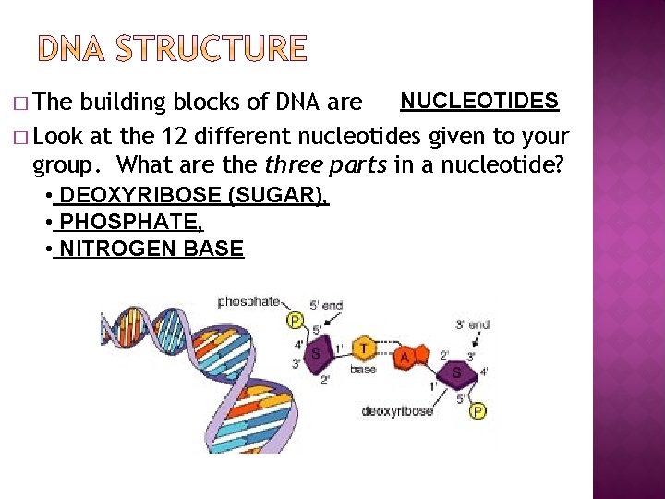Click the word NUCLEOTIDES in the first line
click(478, 101)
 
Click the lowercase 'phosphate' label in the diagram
click(248, 301)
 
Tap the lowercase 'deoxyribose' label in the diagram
click(397, 410)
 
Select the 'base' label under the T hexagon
click(363, 370)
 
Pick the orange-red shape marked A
click(405, 357)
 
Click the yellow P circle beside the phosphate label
click(296, 320)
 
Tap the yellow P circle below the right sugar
click(477, 410)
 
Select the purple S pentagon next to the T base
click(317, 353)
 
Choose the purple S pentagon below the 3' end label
click(456, 372)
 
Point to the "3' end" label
click(472, 324)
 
